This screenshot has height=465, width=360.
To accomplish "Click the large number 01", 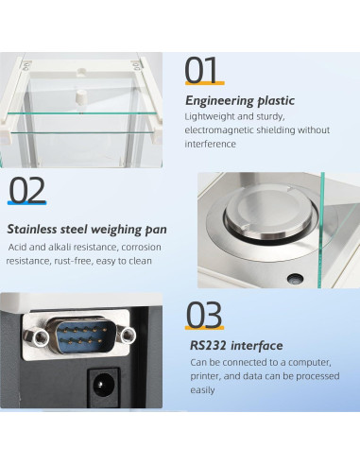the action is [x=201, y=69].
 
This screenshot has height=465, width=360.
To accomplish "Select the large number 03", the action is [x=204, y=315].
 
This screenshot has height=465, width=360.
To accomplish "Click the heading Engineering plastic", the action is [x=240, y=101].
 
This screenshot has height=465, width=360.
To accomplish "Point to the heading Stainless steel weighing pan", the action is [x=87, y=230].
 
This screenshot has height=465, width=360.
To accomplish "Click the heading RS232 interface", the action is [x=236, y=345].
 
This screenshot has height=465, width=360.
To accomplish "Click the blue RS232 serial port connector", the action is [x=82, y=336].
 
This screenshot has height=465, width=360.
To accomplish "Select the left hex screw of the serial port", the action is [x=40, y=337].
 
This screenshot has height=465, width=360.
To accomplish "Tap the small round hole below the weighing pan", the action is [x=295, y=278].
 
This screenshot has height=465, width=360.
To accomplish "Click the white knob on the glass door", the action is [x=81, y=95].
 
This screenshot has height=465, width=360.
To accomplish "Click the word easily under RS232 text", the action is [x=202, y=390].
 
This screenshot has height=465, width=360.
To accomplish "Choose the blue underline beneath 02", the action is [x=27, y=203].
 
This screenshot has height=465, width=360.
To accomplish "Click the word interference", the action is [x=210, y=144].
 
